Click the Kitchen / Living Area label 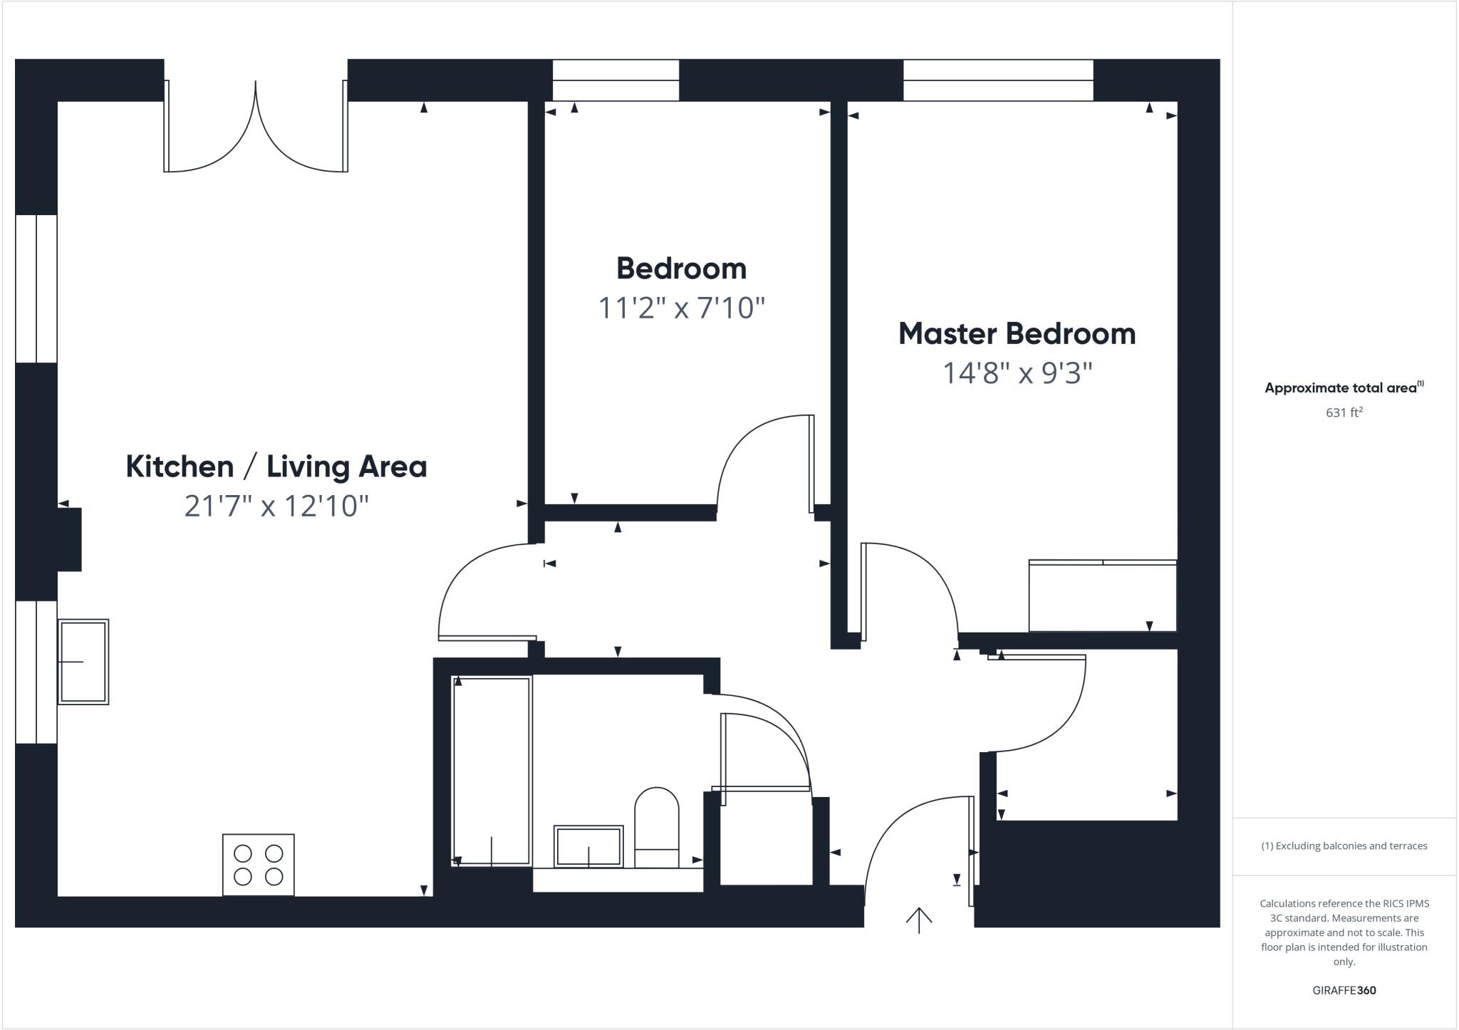[x=276, y=467]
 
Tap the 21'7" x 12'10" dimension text [x=276, y=506]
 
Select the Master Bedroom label [x=1017, y=333]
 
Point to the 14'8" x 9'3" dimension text [x=1017, y=373]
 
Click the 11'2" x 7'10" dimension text [x=681, y=308]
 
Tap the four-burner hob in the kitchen [x=258, y=865]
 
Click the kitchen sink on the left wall [x=83, y=662]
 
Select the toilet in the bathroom [x=656, y=826]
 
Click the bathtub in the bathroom [x=492, y=771]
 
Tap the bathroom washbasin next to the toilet [x=588, y=846]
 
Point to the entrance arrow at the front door [x=919, y=920]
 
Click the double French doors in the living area [x=256, y=128]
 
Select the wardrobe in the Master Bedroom [x=1102, y=596]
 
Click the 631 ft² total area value [x=1344, y=412]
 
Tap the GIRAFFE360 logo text [x=1344, y=990]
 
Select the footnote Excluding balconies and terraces [x=1344, y=846]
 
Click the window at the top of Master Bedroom [x=998, y=80]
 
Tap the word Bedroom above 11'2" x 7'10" [x=681, y=269]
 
